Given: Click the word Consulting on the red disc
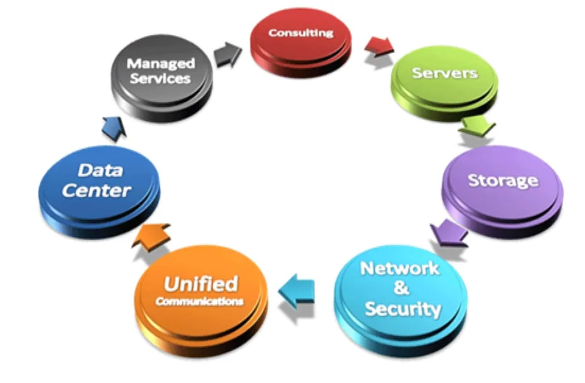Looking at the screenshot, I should click(x=301, y=33).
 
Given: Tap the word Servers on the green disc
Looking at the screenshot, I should click(x=444, y=73).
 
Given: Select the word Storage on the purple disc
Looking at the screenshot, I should click(x=503, y=180).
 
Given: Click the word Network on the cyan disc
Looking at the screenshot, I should click(x=399, y=268).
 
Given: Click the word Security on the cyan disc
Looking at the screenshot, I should click(x=403, y=309).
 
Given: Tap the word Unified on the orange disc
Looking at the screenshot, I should click(x=200, y=284).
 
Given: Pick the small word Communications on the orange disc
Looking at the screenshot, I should click(x=199, y=301).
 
